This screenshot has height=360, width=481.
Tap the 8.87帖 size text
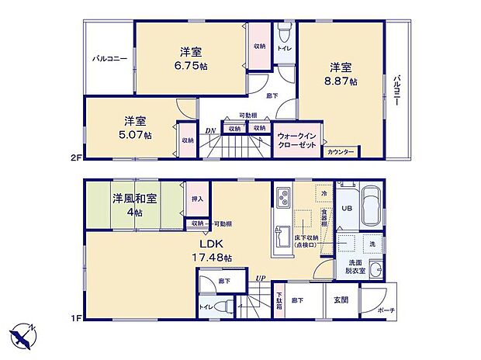[342, 81]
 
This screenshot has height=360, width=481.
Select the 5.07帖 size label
[137, 135]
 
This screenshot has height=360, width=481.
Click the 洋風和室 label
[135, 199]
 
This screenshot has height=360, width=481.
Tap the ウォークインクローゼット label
[296, 141]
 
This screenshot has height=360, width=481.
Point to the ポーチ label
[386, 310]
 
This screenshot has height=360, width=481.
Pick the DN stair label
[210, 131]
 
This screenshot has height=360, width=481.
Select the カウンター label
[340, 152]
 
